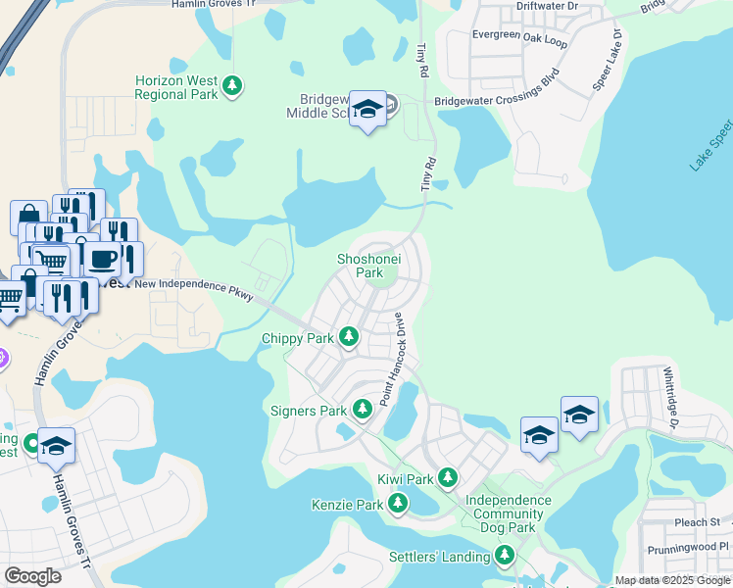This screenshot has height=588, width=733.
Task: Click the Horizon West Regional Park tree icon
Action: tap(232, 86)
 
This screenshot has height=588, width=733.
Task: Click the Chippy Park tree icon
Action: tap(348, 338)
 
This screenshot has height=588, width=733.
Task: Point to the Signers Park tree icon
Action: tap(362, 408)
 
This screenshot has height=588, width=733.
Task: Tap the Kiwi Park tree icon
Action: tap(448, 477)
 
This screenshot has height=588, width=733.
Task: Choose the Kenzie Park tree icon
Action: tap(397, 504)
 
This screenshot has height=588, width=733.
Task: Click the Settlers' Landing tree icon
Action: tap(505, 556)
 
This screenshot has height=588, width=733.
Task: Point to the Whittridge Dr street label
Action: tap(669, 398)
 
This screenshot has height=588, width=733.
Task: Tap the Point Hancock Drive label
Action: tap(392, 359)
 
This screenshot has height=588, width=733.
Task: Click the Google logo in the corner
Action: tap(32, 576)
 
